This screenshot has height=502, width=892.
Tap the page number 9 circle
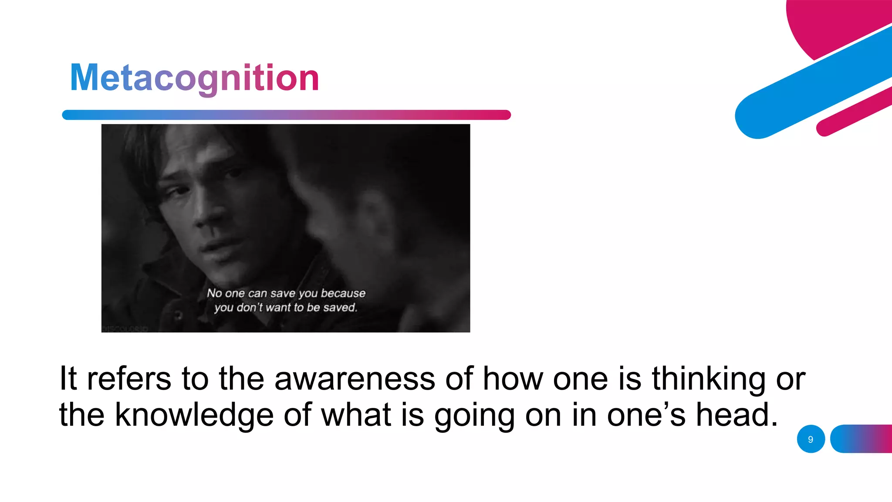pyautogui.click(x=811, y=439)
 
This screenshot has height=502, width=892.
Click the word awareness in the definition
pyautogui.click(x=355, y=378)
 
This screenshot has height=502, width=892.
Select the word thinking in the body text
pyautogui.click(x=708, y=378)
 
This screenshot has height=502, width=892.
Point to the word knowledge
pyautogui.click(x=194, y=415)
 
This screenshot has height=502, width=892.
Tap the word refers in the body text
pyautogui.click(x=129, y=378)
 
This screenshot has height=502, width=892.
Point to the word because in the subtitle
pyautogui.click(x=343, y=293)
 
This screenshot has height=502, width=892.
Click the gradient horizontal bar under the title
pyautogui.click(x=286, y=115)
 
